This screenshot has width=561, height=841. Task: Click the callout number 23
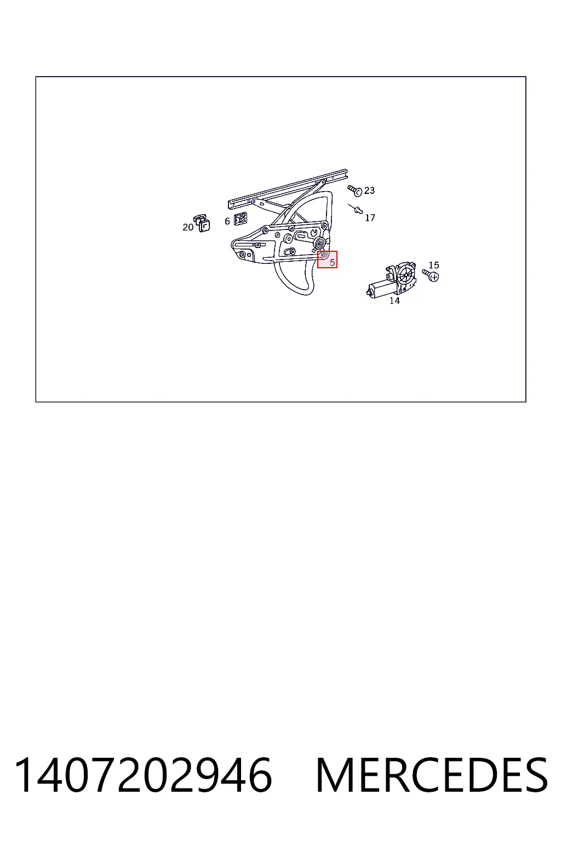369,191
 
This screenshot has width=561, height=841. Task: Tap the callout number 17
370,218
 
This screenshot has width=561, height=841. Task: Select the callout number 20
188,227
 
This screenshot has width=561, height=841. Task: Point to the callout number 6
227,222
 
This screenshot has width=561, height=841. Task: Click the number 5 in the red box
332,263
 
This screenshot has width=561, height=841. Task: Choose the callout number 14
394,301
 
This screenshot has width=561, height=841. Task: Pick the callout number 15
433,265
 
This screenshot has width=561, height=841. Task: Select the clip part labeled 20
202,223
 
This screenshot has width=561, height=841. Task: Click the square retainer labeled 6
241,218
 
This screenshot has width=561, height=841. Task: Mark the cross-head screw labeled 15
431,275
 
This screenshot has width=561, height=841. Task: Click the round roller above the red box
320,243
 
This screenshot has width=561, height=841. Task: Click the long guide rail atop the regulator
288,189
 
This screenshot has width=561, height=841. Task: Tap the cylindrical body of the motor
380,289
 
